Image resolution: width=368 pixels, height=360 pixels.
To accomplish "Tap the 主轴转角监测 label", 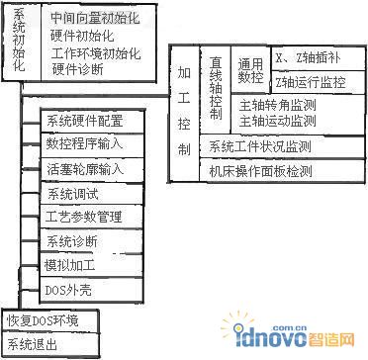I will [282, 105].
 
